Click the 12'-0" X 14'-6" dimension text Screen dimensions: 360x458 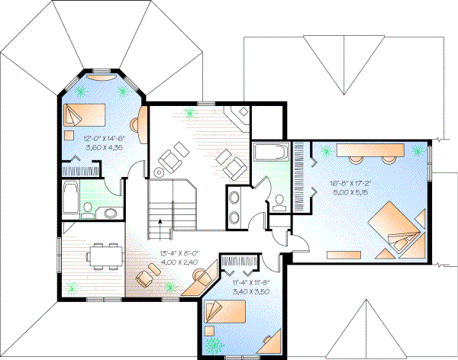(x=104, y=138)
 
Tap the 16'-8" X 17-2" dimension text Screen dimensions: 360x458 (x=350, y=184)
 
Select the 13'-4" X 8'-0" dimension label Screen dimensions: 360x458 (x=177, y=254)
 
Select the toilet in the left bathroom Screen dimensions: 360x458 (x=89, y=208)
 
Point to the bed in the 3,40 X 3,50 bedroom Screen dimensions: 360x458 (x=226, y=311)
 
